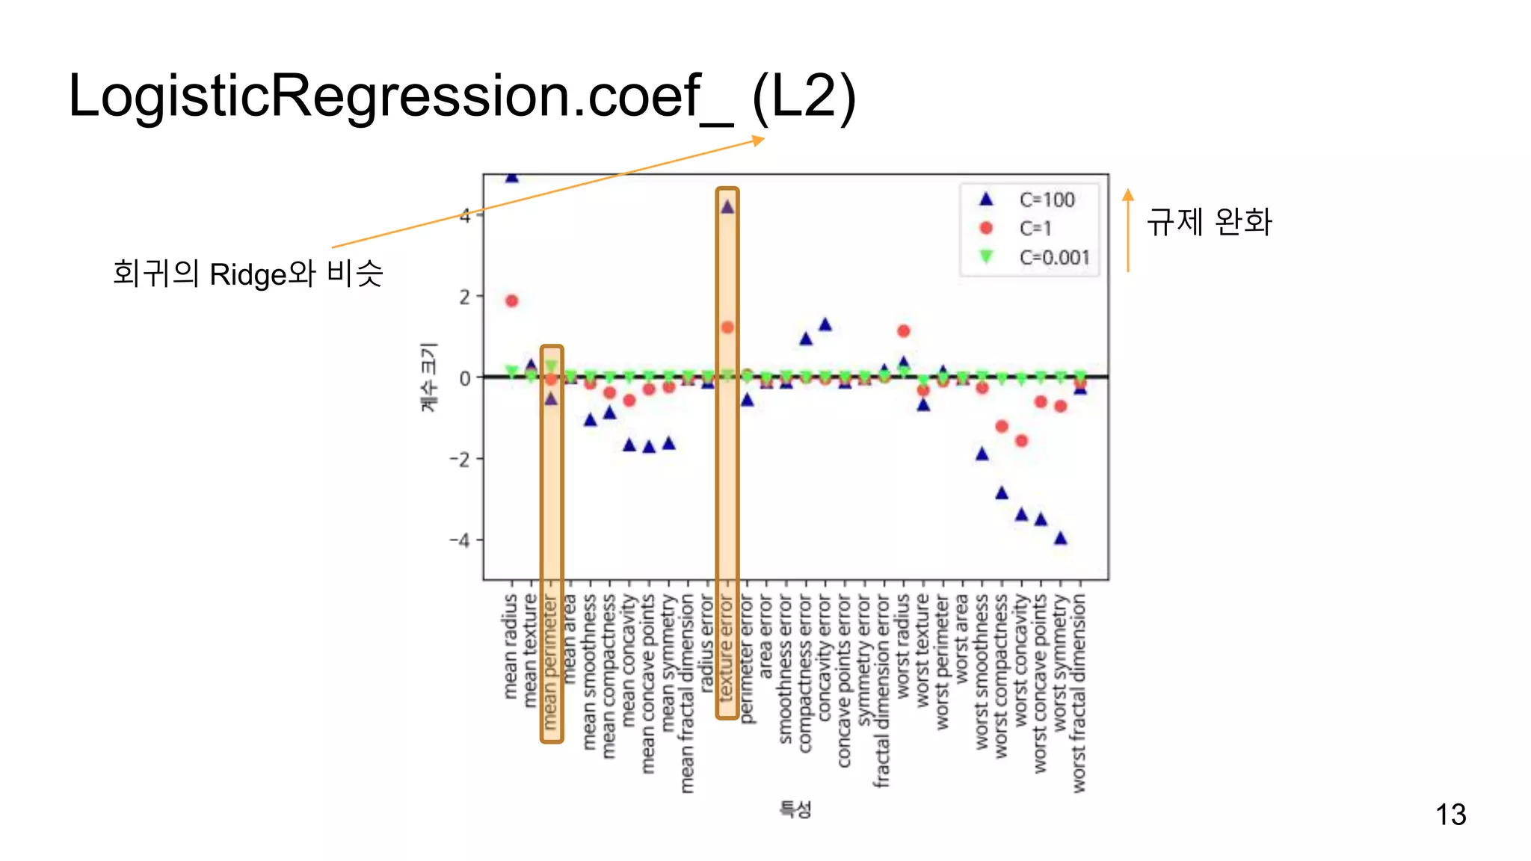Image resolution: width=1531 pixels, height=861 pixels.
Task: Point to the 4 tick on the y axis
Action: pyautogui.click(x=466, y=216)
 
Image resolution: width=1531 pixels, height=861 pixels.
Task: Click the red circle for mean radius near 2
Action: pyautogui.click(x=511, y=300)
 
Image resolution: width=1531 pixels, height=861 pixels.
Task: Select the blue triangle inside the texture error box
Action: pyautogui.click(x=727, y=207)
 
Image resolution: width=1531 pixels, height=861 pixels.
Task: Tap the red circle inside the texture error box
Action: pyautogui.click(x=727, y=327)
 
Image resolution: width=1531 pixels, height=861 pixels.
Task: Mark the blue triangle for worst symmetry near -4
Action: pyautogui.click(x=1060, y=538)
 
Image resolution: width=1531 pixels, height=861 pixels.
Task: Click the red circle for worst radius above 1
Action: pyautogui.click(x=903, y=330)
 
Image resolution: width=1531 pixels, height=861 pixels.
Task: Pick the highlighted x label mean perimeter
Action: pyautogui.click(x=551, y=661)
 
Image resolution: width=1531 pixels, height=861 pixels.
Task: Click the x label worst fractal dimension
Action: pyautogui.click(x=1079, y=693)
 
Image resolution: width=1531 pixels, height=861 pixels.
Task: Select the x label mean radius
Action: pyautogui.click(x=511, y=646)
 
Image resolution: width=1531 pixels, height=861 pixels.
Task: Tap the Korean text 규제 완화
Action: pyautogui.click(x=1209, y=222)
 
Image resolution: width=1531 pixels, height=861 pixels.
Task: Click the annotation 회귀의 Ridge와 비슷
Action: pyautogui.click(x=247, y=274)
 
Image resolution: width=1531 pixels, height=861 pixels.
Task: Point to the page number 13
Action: pyautogui.click(x=1450, y=814)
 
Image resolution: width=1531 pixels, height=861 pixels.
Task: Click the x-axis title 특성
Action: pyautogui.click(x=795, y=809)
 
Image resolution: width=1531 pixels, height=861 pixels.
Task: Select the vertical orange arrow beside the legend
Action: pyautogui.click(x=1128, y=230)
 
